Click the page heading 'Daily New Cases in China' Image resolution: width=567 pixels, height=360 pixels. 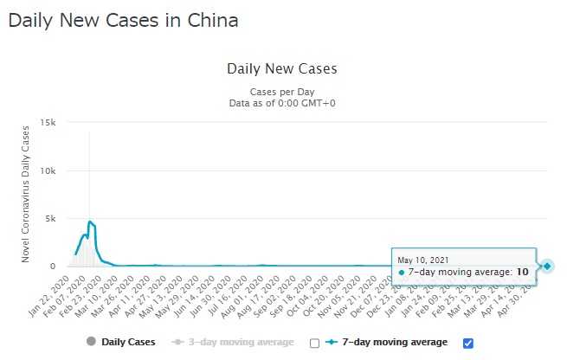click(122, 20)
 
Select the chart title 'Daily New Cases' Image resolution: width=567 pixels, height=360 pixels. click(281, 68)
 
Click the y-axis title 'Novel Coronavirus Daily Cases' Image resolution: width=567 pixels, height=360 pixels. click(27, 195)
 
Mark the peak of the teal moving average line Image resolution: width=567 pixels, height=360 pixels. click(90, 222)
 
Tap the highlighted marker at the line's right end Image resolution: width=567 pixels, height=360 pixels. click(548, 266)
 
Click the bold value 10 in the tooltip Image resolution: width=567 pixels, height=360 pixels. click(522, 272)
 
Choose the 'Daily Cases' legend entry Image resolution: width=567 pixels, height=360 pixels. click(122, 342)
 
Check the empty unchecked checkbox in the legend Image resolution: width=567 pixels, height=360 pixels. click(314, 343)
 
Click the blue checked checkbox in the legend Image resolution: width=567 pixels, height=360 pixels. click(468, 343)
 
